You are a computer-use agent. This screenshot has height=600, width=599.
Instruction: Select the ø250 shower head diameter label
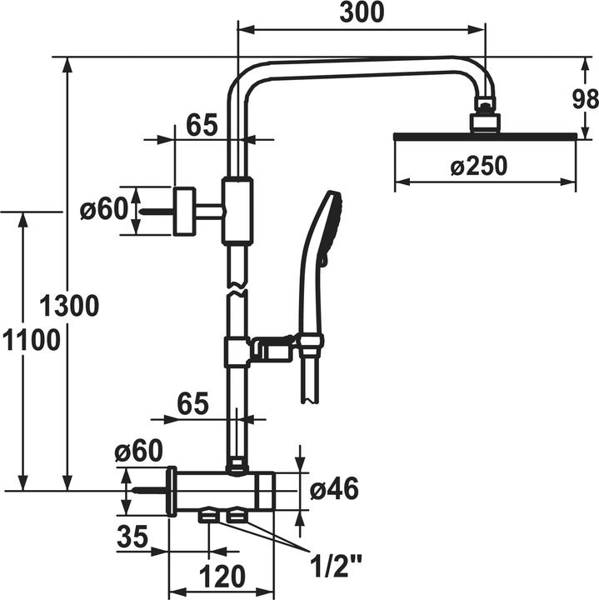478,167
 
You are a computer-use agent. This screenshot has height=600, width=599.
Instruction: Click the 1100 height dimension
30,341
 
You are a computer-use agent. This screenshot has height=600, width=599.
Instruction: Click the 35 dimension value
133,537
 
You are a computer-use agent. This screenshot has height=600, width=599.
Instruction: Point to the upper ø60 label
104,210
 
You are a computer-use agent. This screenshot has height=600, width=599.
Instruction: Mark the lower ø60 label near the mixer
138,452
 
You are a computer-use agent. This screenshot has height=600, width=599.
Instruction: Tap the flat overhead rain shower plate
483,135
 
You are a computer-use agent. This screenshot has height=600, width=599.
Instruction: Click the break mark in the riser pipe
237,290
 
